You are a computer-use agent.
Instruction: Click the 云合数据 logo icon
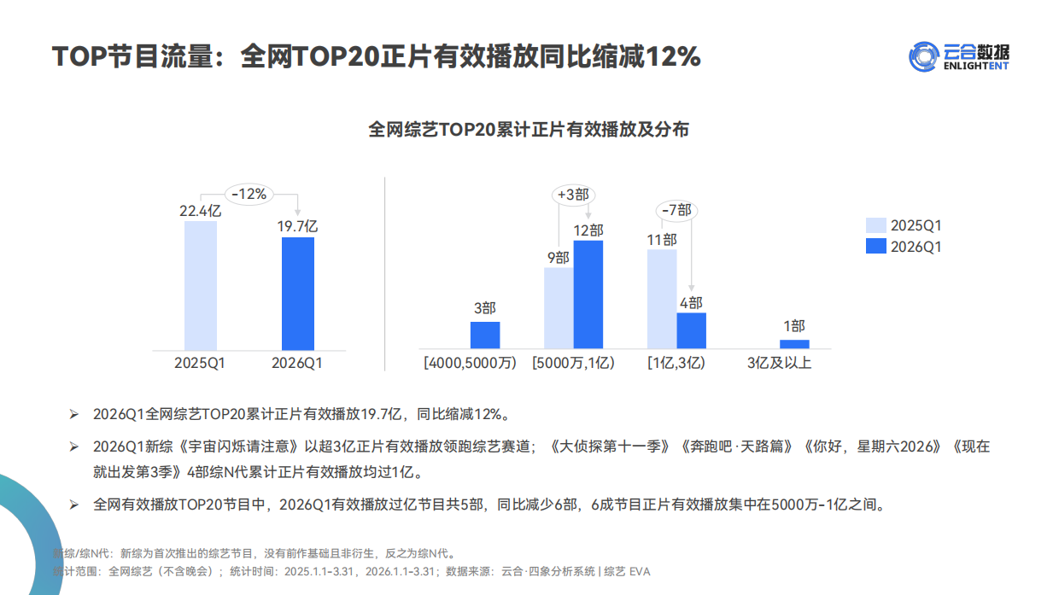923,56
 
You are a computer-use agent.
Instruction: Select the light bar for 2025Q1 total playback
200,285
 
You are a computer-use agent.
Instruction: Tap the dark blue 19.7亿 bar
298,293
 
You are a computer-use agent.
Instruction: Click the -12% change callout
249,194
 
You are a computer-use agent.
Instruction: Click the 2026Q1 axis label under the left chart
297,363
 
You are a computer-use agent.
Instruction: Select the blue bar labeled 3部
485,335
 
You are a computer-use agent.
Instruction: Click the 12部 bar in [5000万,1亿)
588,295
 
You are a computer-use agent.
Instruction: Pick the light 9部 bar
559,307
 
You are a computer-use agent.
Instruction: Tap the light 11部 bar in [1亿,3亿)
662,299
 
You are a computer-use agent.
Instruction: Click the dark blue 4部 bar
691,330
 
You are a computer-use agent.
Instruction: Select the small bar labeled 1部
794,344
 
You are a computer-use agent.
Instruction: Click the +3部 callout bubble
573,195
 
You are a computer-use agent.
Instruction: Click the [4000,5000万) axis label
471,363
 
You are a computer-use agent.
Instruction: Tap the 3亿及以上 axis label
780,363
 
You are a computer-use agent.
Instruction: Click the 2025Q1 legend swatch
875,225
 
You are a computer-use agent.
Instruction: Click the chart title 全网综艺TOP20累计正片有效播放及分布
529,130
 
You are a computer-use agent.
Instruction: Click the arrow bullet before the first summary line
73,414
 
